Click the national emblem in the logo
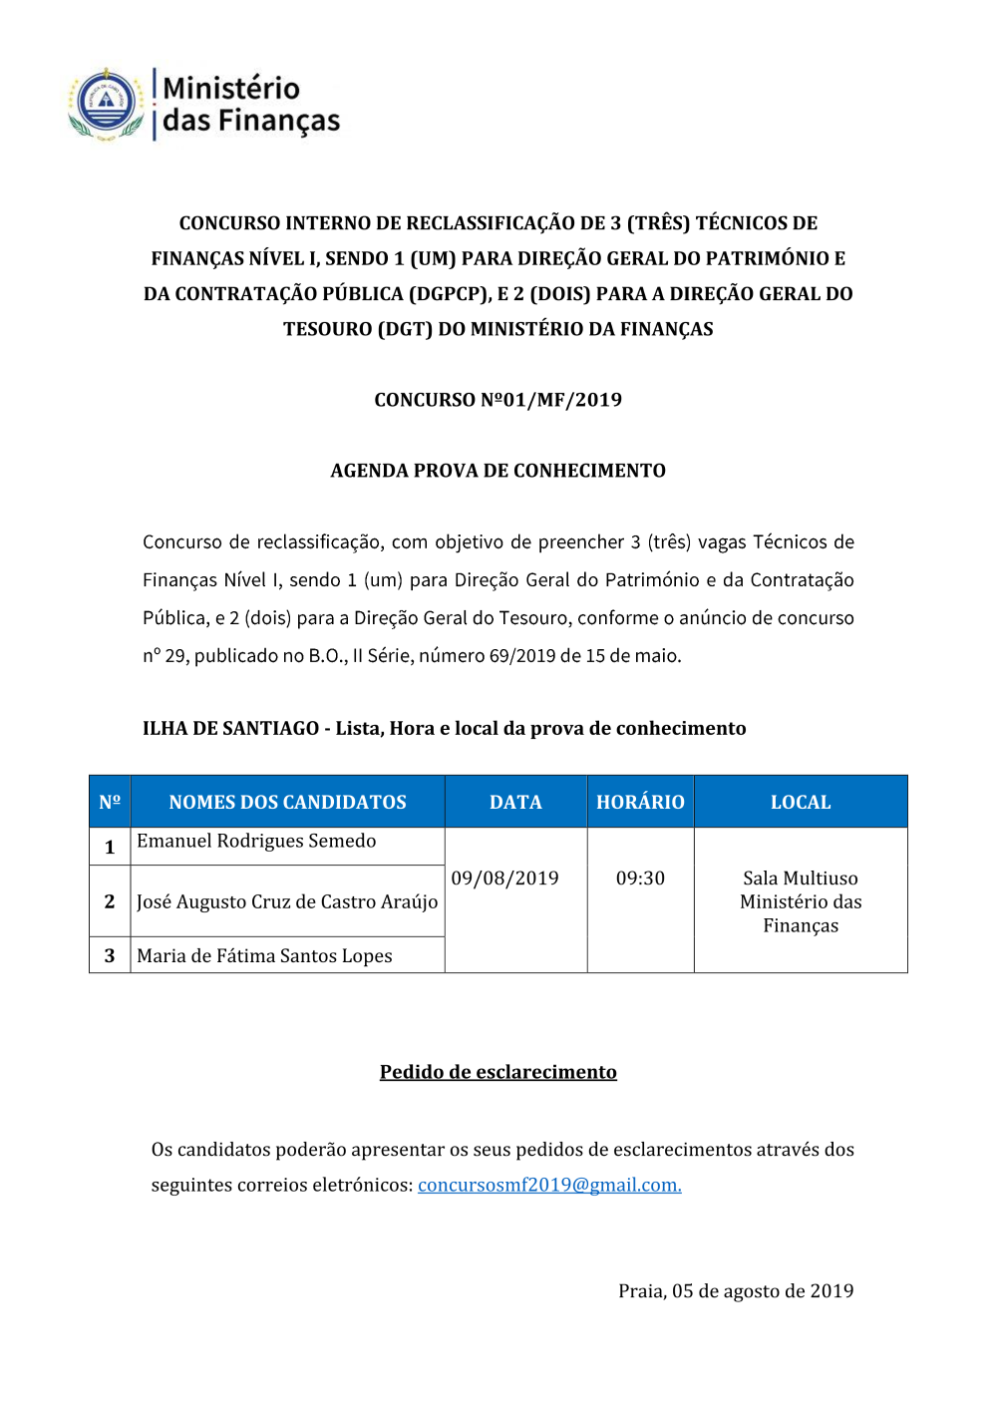point(106,103)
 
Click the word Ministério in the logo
point(231,88)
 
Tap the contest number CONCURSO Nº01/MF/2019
point(498,400)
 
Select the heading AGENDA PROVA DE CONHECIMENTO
point(498,471)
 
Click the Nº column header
point(110,802)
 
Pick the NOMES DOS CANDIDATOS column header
point(287,802)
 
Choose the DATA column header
point(515,802)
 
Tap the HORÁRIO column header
point(640,802)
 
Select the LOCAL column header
point(801,802)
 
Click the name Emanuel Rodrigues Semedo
point(256,841)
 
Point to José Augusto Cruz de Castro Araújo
point(287,901)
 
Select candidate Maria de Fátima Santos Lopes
point(264,955)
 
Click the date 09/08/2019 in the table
point(504,878)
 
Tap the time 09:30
point(640,878)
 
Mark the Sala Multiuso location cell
point(801,901)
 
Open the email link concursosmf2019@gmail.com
point(549,1185)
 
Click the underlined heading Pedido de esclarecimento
point(498,1072)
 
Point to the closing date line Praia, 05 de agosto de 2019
point(736,1291)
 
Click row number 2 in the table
point(110,901)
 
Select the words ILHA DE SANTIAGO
point(230,728)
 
